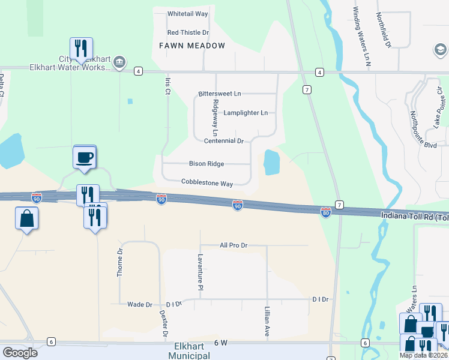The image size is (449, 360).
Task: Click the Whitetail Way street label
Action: [x=188, y=13]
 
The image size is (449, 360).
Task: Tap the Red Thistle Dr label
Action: [x=188, y=32]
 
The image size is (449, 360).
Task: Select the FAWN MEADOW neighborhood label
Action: [x=192, y=46]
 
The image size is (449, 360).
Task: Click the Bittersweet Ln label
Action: [x=220, y=94]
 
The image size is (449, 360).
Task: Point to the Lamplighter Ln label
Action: [x=246, y=113]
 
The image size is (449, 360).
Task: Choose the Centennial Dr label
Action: [x=223, y=141]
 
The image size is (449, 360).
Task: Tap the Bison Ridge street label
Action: [x=206, y=163]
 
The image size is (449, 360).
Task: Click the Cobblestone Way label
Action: [x=207, y=182]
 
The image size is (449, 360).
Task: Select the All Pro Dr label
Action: [x=234, y=245]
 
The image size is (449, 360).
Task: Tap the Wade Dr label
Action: [x=140, y=305]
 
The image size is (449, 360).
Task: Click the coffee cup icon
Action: [x=85, y=157]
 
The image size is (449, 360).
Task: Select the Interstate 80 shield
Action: [x=325, y=213]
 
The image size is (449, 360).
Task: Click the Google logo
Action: [x=20, y=352]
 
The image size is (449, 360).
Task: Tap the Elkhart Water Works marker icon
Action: [x=119, y=61]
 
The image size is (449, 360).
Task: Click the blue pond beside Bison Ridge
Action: [x=271, y=162]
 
